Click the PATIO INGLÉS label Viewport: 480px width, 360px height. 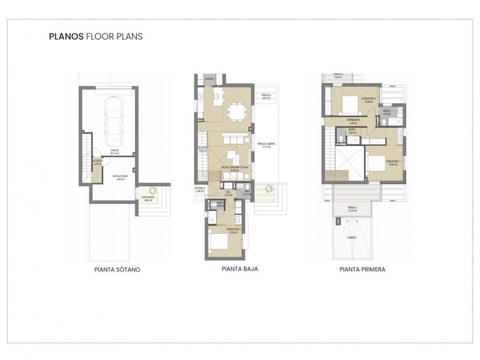[147, 200]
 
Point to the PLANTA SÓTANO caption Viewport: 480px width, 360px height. [117, 270]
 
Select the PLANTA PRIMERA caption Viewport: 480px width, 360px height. [362, 270]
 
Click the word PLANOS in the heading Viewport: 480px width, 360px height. [64, 36]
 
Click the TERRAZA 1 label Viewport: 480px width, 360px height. [354, 209]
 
